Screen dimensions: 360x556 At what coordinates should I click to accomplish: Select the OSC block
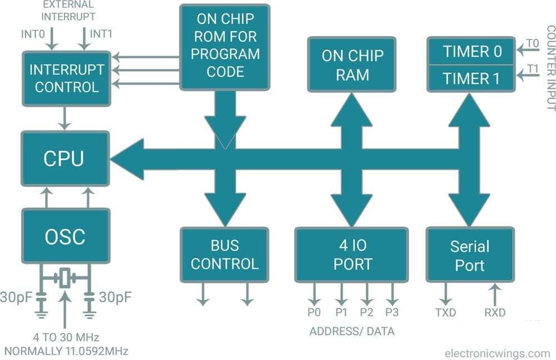(x=65, y=237)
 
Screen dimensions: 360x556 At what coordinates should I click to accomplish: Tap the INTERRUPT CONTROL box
(x=66, y=78)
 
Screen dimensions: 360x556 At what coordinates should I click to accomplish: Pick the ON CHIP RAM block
(x=352, y=64)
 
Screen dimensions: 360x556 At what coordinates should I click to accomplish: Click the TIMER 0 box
(x=472, y=52)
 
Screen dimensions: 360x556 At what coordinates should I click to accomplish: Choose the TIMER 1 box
(x=472, y=78)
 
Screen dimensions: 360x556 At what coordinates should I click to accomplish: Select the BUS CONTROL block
(x=225, y=254)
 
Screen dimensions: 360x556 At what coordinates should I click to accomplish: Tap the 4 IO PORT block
(x=352, y=254)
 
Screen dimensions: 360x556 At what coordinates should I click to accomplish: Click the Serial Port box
(x=470, y=255)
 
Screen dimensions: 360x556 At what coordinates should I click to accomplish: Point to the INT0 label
(x=32, y=34)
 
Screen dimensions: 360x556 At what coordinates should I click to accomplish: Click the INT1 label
(x=101, y=34)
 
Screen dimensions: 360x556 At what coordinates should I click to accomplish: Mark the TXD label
(x=445, y=313)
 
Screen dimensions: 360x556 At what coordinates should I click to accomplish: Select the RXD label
(x=494, y=313)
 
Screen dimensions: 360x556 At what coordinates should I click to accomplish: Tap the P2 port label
(x=366, y=313)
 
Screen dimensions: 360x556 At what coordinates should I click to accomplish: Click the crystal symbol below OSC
(x=65, y=277)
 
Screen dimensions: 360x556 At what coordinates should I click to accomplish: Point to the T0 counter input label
(x=532, y=43)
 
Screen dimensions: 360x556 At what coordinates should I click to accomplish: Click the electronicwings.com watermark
(x=497, y=353)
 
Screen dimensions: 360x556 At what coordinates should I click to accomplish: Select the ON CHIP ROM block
(x=225, y=46)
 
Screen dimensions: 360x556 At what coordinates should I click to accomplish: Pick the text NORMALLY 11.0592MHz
(x=66, y=351)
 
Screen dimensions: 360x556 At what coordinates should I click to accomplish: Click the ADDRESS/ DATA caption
(x=352, y=332)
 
